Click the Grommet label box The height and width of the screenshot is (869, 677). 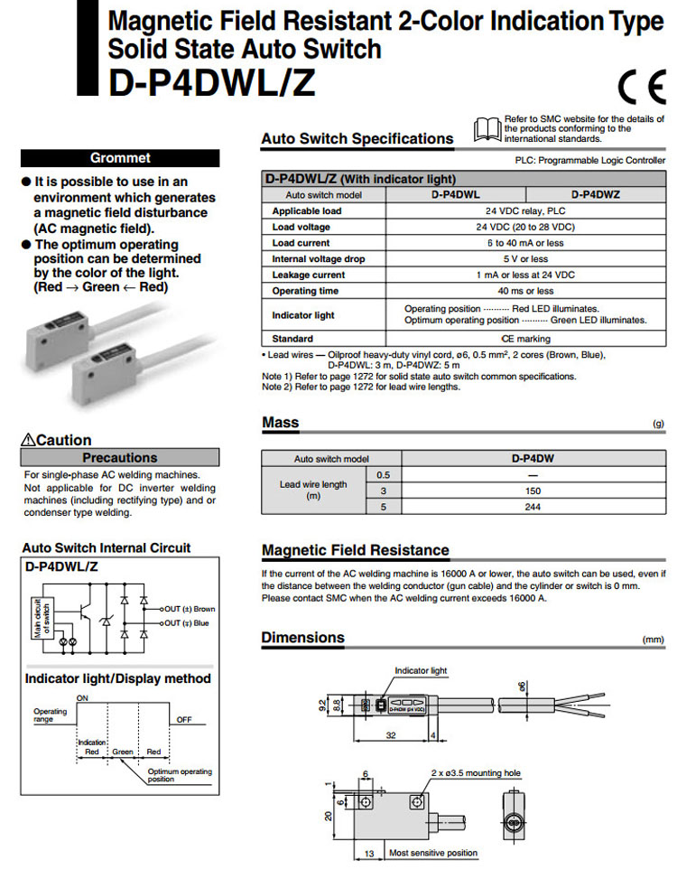tap(120, 157)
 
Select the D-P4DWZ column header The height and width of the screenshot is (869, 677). tap(595, 194)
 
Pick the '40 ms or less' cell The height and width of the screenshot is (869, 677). tap(525, 291)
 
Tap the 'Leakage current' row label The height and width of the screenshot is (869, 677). tap(308, 275)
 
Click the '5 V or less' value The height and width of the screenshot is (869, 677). tap(525, 259)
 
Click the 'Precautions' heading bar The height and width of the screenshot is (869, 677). tap(120, 458)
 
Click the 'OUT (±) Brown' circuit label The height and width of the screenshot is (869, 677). tap(190, 609)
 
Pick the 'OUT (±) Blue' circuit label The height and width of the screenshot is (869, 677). tap(188, 622)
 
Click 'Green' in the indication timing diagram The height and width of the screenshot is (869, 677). tap(122, 751)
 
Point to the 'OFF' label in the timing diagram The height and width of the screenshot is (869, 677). tap(184, 720)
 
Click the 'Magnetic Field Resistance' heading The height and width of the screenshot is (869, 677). tap(355, 550)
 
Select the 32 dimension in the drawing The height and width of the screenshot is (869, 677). tap(390, 735)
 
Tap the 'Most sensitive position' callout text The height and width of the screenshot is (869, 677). tap(432, 853)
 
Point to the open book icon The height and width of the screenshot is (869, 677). tap(487, 127)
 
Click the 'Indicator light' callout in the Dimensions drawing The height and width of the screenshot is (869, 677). tap(421, 670)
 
